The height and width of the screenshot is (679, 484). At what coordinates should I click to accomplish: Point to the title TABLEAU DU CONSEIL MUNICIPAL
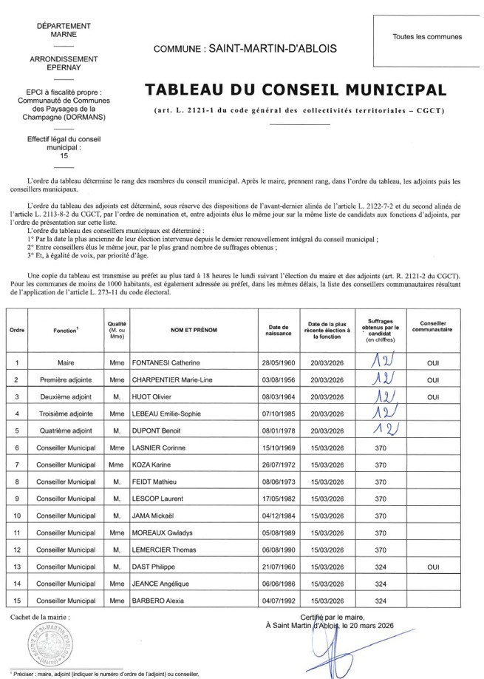296,90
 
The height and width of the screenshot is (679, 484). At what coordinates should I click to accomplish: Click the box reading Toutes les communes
427,36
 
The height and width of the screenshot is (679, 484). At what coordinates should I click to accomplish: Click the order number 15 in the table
16,600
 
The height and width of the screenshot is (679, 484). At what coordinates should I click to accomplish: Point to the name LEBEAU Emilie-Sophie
170,413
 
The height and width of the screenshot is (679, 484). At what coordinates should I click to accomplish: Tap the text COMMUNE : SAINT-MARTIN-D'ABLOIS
245,48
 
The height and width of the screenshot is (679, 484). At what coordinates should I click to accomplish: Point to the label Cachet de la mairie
41,615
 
